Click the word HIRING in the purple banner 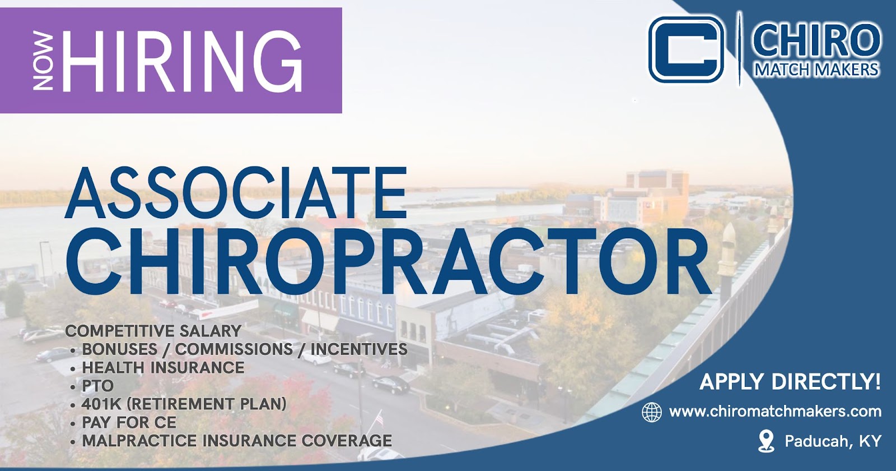pyautogui.click(x=182, y=61)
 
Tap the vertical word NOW pyautogui.click(x=43, y=61)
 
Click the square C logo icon pyautogui.click(x=686, y=49)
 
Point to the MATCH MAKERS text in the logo pyautogui.click(x=816, y=70)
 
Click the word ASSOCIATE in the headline pyautogui.click(x=236, y=193)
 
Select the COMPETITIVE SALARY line pyautogui.click(x=153, y=331)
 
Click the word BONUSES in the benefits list pyautogui.click(x=120, y=349)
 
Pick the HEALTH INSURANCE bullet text pyautogui.click(x=163, y=368)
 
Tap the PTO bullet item pyautogui.click(x=98, y=386)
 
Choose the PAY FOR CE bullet pyautogui.click(x=129, y=423)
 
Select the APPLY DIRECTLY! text pyautogui.click(x=790, y=381)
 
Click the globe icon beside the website pyautogui.click(x=652, y=412)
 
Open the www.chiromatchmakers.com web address pyautogui.click(x=775, y=412)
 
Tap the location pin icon pyautogui.click(x=766, y=441)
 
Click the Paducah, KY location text pyautogui.click(x=833, y=441)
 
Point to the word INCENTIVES pyautogui.click(x=359, y=349)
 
